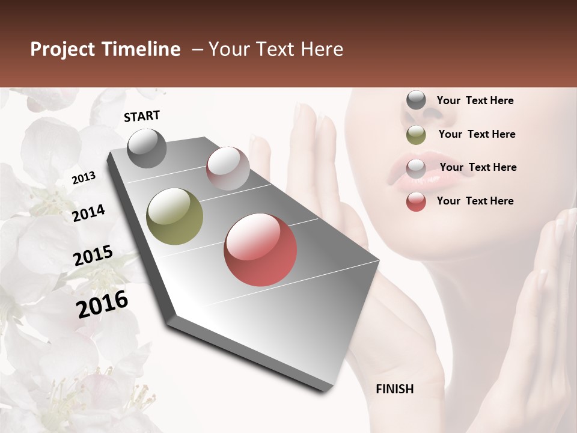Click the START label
[x=142, y=116]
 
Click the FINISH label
[x=394, y=389]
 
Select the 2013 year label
[x=84, y=178]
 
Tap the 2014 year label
[x=89, y=213]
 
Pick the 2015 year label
[x=93, y=256]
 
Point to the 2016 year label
[x=102, y=304]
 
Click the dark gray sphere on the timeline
[x=147, y=148]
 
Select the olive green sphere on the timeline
[x=174, y=216]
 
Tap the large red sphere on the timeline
[x=260, y=250]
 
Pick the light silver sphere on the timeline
[x=228, y=168]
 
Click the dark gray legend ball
[x=416, y=100]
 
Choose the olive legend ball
[x=416, y=135]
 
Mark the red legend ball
[x=416, y=201]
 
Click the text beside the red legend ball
[x=475, y=201]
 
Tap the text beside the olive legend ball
[x=477, y=134]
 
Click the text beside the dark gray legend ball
[x=475, y=100]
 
